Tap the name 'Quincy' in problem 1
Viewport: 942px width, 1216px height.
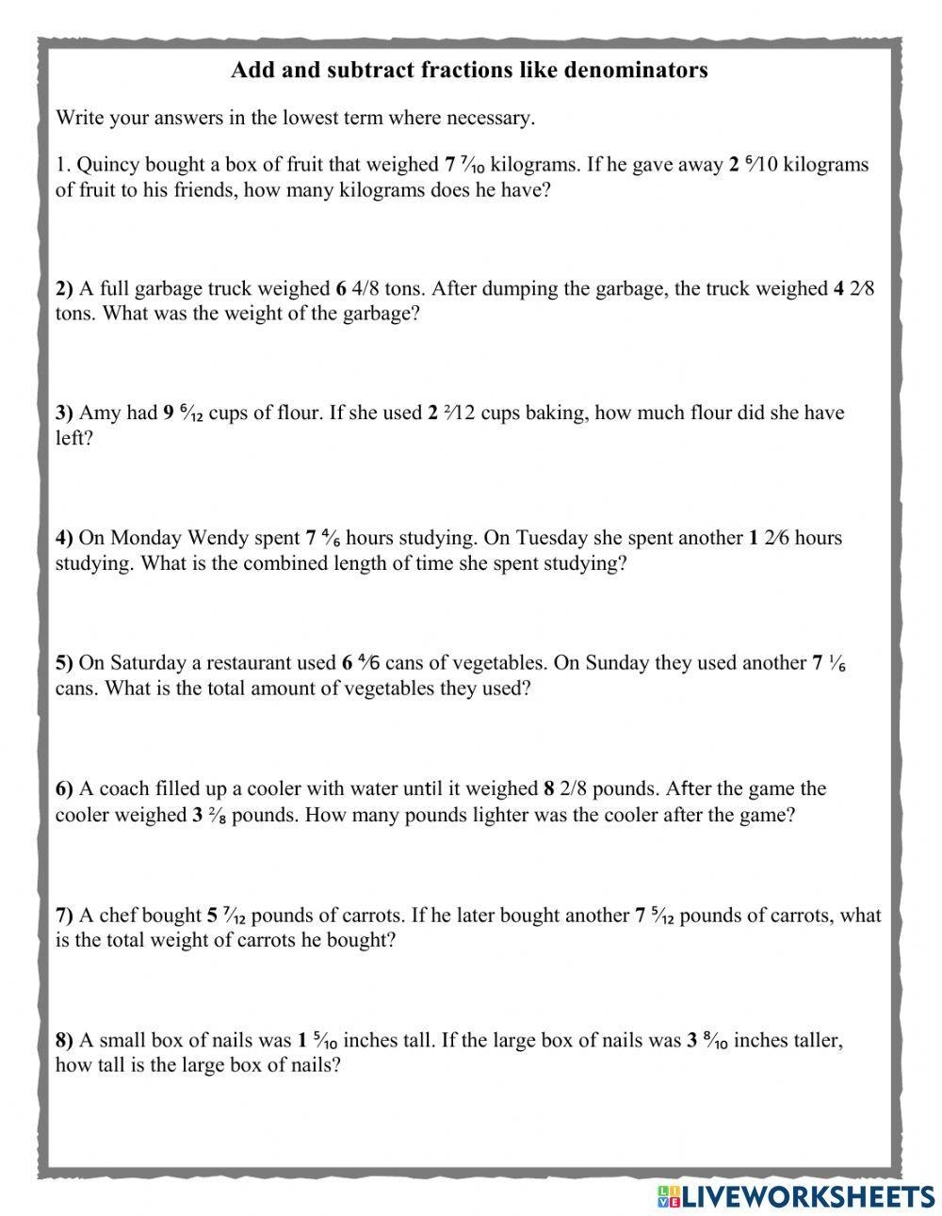pyautogui.click(x=107, y=165)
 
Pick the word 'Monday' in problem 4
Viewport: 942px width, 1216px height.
pyautogui.click(x=145, y=538)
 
